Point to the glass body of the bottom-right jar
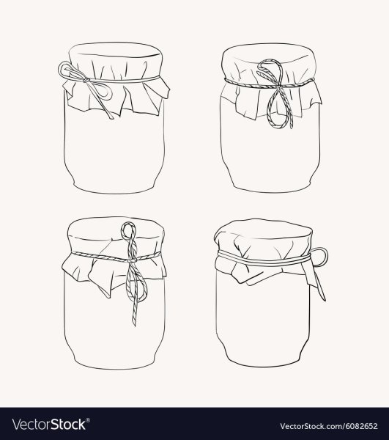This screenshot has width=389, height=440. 267,323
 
